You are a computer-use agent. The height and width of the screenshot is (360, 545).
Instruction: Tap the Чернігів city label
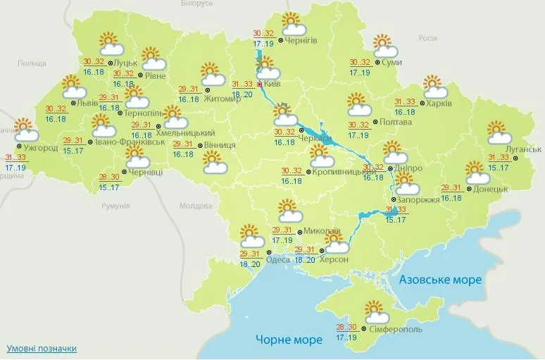pos(301,40)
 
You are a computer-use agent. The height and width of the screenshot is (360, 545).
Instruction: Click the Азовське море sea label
pos(440,280)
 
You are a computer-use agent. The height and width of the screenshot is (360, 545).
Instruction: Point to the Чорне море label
pos(289,339)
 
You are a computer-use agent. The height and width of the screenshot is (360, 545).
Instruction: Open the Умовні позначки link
pos(42,349)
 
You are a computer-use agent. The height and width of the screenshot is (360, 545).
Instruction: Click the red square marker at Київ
pos(259,84)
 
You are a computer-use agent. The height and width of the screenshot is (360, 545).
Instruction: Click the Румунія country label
pos(116,206)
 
